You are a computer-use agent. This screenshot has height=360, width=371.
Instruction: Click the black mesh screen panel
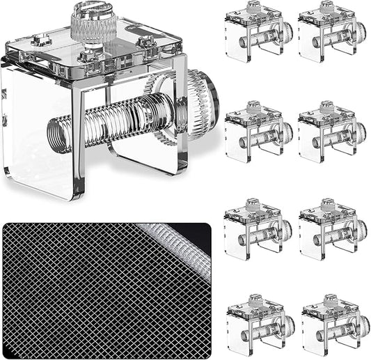84,292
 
